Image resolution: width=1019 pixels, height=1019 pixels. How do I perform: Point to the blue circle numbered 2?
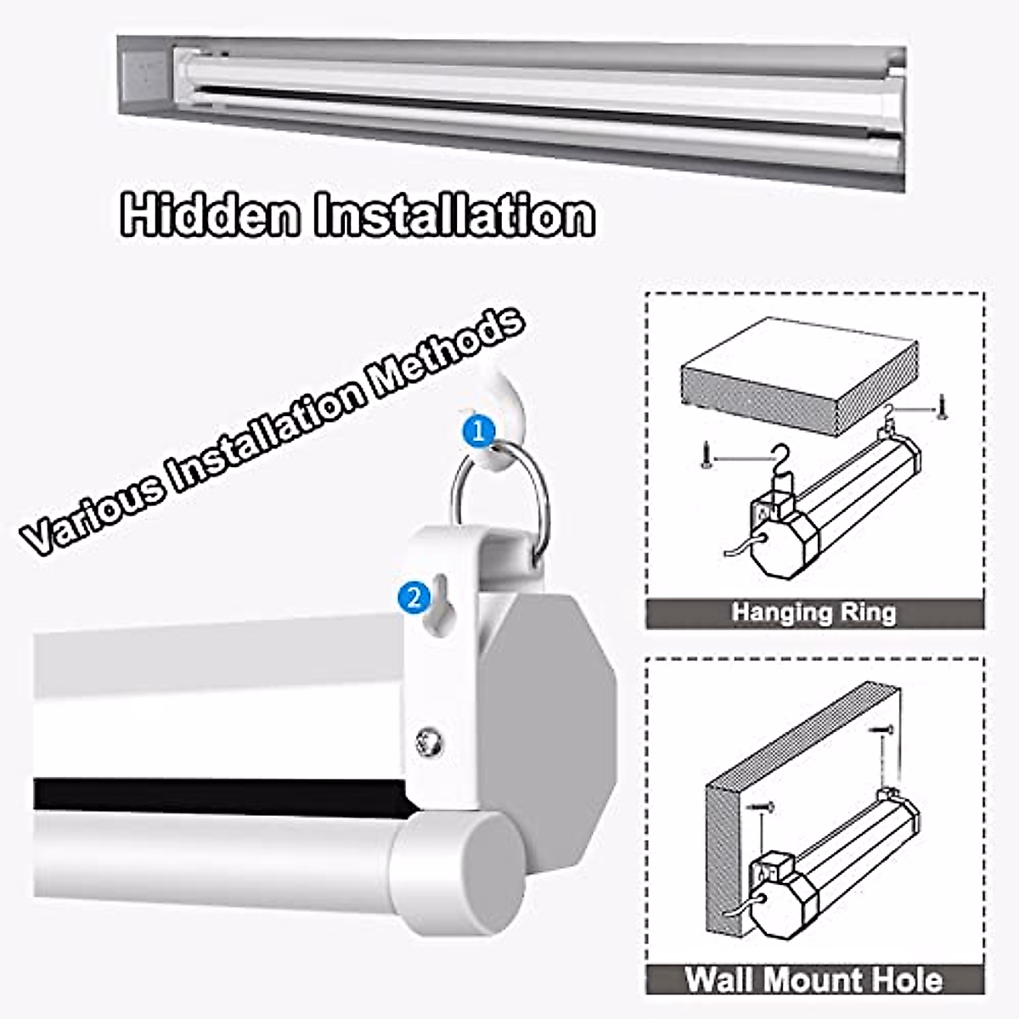tap(414, 597)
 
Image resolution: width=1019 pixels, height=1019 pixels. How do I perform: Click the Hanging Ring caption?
tap(814, 612)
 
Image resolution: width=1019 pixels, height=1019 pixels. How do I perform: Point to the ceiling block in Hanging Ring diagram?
tap(798, 374)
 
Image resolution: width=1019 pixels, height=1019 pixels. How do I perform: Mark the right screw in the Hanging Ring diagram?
tap(941, 408)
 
